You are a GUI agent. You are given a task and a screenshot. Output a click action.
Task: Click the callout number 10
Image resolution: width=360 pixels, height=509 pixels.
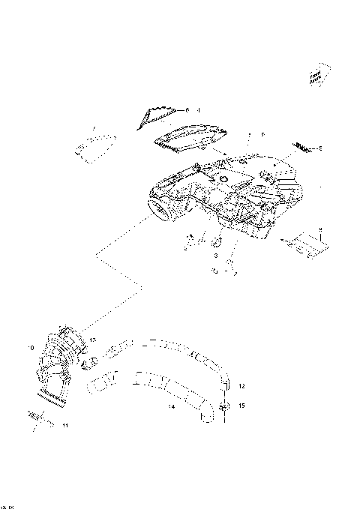coord(31,349)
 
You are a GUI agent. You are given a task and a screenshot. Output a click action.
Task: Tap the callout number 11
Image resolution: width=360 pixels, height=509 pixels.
coord(65,427)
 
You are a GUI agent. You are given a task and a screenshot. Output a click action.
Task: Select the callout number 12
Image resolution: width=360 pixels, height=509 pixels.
coord(242,386)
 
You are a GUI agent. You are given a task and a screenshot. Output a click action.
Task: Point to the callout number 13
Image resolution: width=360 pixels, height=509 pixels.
coord(93,340)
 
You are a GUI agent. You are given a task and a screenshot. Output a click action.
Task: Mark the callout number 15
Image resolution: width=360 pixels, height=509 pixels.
coord(242,406)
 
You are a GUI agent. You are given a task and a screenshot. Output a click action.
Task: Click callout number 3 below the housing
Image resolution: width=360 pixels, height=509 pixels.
coord(215,256)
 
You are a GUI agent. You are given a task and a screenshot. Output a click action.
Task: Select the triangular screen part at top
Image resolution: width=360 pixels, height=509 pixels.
coord(156,115)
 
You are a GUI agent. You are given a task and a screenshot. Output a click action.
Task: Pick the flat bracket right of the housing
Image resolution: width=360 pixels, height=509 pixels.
coord(306,245)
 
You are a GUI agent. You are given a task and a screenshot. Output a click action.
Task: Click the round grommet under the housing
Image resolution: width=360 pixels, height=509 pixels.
coord(215,241)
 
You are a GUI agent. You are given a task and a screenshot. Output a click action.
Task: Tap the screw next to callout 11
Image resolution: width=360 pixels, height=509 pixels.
coord(37,415)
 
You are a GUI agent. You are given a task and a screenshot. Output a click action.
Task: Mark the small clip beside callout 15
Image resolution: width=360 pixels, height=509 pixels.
coord(224,406)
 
